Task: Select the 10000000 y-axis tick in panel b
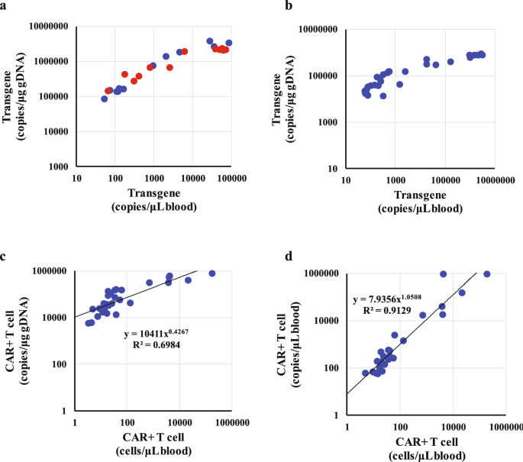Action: click(x=310, y=30)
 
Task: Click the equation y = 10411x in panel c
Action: click(x=153, y=334)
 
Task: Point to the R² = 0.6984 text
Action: click(x=158, y=347)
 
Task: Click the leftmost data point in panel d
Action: click(x=366, y=373)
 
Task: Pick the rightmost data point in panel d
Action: click(x=487, y=274)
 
